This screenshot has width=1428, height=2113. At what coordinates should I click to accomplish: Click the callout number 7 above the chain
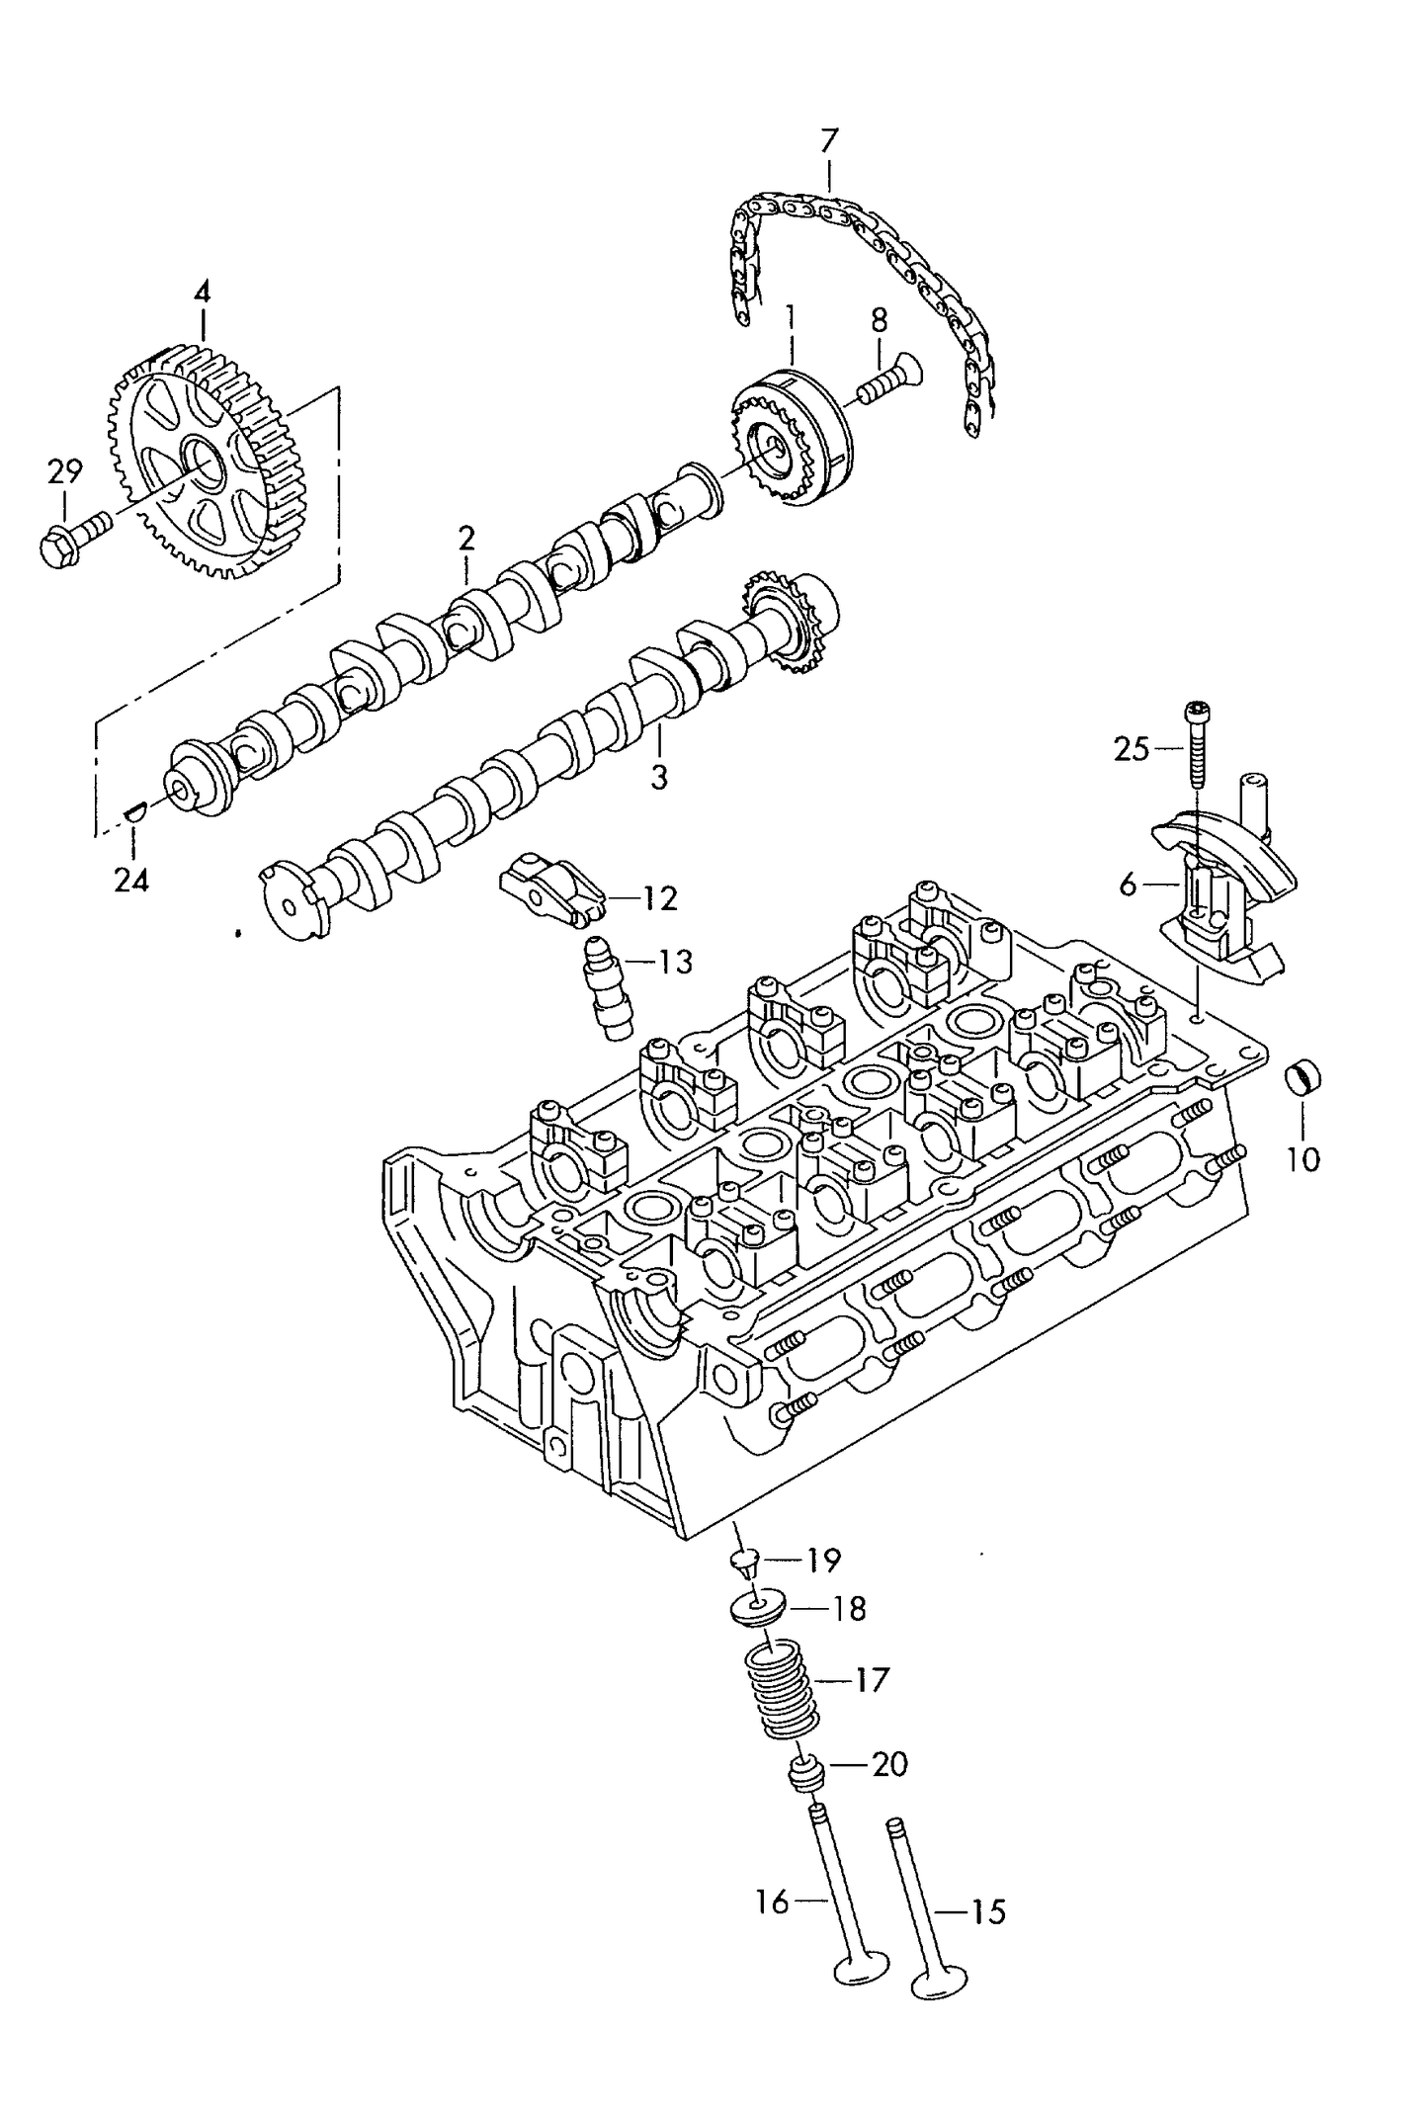pyautogui.click(x=828, y=142)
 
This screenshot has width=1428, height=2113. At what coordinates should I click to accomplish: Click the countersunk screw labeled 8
pyautogui.click(x=889, y=380)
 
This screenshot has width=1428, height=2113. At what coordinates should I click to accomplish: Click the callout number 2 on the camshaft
pyautogui.click(x=465, y=539)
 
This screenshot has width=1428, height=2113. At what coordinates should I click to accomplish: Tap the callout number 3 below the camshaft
pyautogui.click(x=659, y=777)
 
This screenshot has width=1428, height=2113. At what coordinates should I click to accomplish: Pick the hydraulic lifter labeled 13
pyautogui.click(x=606, y=988)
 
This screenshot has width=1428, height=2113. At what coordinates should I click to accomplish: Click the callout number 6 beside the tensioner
pyautogui.click(x=1129, y=886)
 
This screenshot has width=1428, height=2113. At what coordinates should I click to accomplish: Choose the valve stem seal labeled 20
pyautogui.click(x=805, y=1775)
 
